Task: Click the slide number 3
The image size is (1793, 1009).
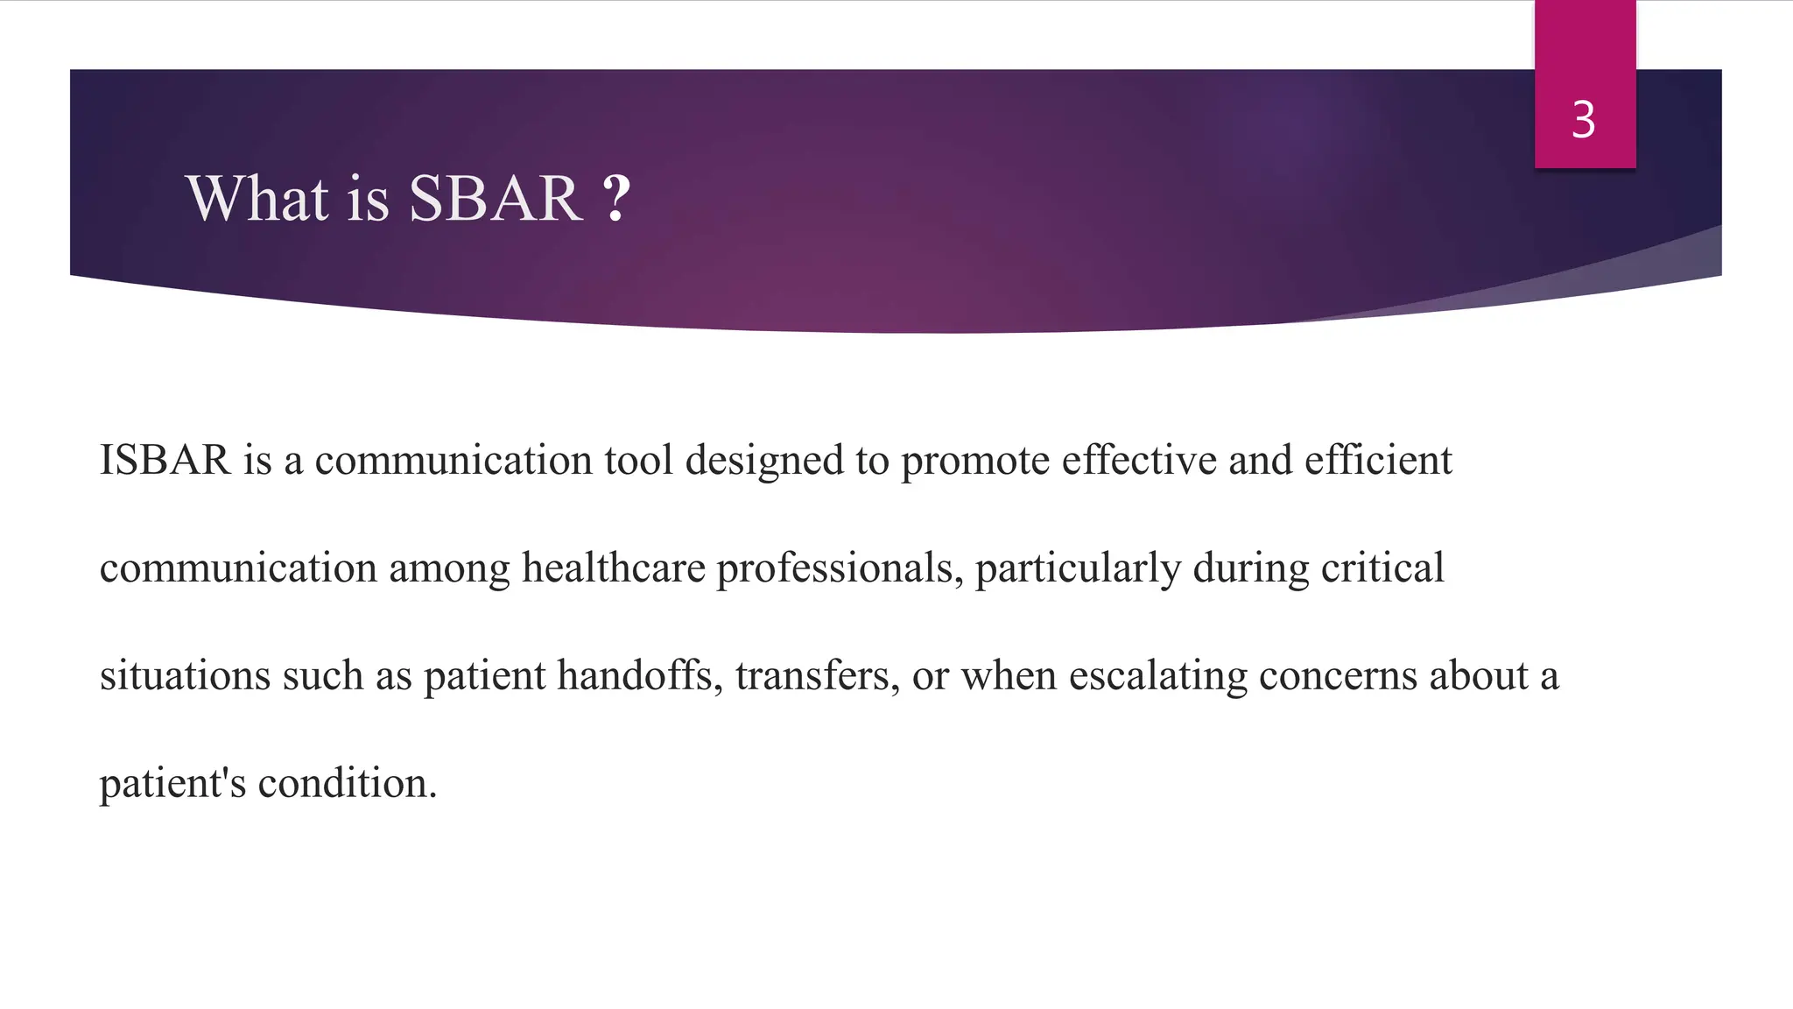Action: point(1583,120)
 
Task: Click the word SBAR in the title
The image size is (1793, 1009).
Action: point(496,199)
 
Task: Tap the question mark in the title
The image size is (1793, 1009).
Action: point(616,199)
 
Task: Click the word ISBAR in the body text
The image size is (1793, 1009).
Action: point(165,461)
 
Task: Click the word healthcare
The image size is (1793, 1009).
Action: point(613,568)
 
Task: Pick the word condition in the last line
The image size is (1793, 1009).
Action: point(346,783)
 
